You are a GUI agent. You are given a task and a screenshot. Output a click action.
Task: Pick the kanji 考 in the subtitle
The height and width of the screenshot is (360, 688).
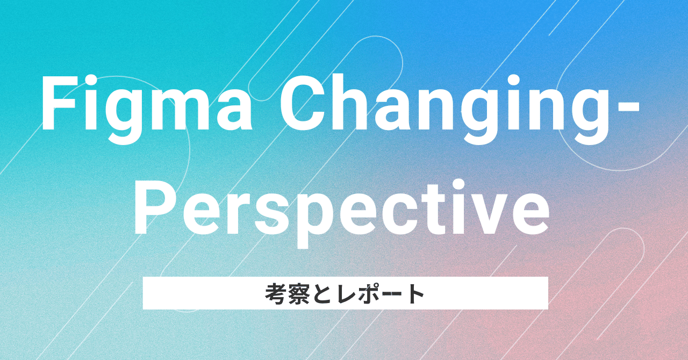(275, 294)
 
